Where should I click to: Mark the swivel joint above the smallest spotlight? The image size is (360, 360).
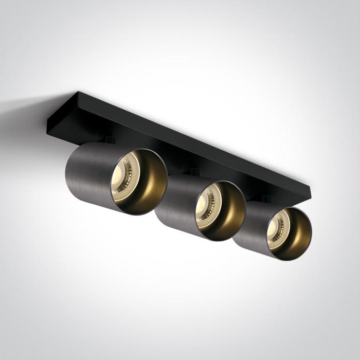tap(265, 198)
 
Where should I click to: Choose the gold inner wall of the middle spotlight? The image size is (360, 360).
tap(231, 208)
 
